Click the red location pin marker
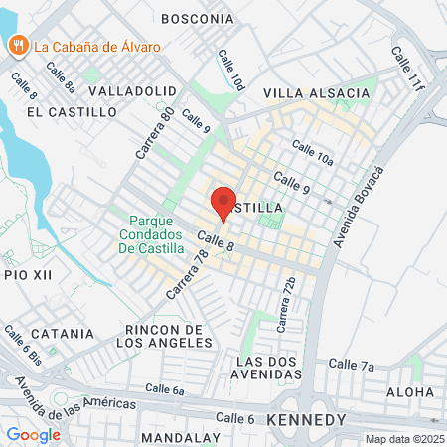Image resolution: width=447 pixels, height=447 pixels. point(223,202)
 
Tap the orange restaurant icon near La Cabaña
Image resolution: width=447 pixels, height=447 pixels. point(19,45)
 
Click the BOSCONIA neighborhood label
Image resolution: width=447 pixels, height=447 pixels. point(197,18)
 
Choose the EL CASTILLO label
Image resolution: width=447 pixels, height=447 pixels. point(72,112)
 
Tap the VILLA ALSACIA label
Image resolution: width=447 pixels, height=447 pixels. point(316,93)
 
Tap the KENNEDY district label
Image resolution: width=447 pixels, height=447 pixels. point(307,420)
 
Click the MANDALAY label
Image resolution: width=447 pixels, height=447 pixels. point(180,437)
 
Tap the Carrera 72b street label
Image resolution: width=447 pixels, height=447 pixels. point(286,305)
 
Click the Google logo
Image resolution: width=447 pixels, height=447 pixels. point(33,434)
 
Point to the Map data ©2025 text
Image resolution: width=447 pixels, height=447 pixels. point(404,439)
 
